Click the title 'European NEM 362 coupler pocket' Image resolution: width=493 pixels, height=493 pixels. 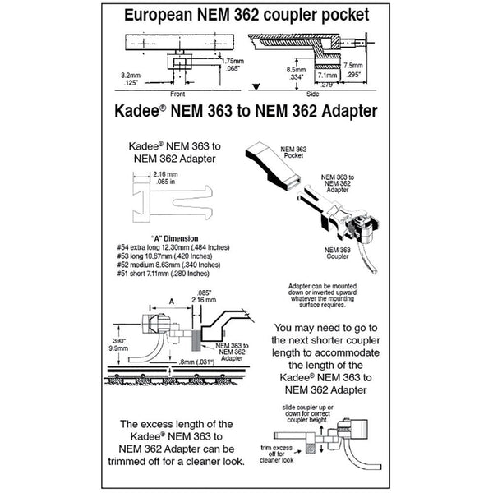coord(246,16)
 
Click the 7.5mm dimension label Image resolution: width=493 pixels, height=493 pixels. coord(353,66)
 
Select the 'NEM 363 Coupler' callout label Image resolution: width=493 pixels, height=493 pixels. coord(333,252)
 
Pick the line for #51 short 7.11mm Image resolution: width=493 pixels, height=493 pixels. coord(170,274)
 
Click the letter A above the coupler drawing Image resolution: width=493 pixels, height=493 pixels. coord(171,301)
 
